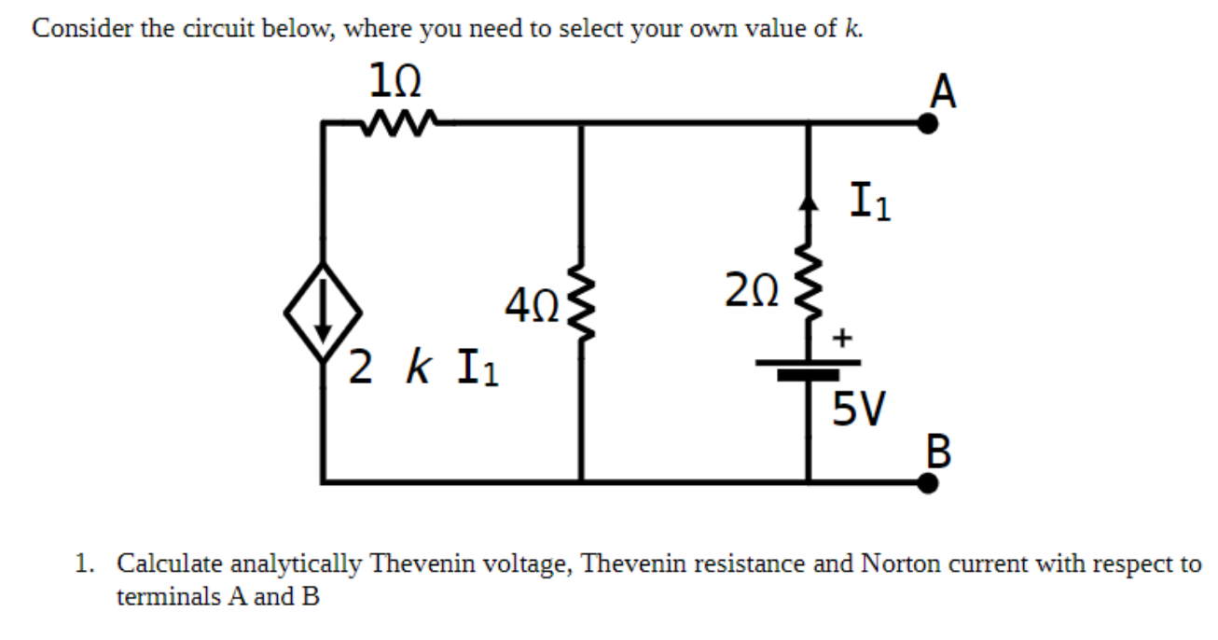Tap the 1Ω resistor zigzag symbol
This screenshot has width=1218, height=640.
(x=396, y=120)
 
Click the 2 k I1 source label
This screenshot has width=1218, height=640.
(x=424, y=366)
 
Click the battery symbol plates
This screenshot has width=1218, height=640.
(x=808, y=369)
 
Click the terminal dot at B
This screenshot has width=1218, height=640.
(x=926, y=481)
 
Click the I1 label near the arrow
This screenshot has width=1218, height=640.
(x=870, y=203)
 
